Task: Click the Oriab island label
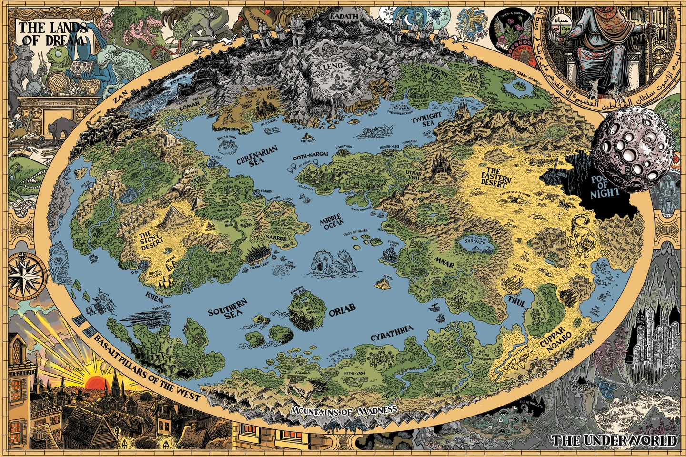(342, 310)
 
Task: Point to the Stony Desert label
(151, 240)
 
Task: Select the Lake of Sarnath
(475, 243)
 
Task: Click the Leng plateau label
(333, 67)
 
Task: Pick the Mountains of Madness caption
(343, 410)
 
